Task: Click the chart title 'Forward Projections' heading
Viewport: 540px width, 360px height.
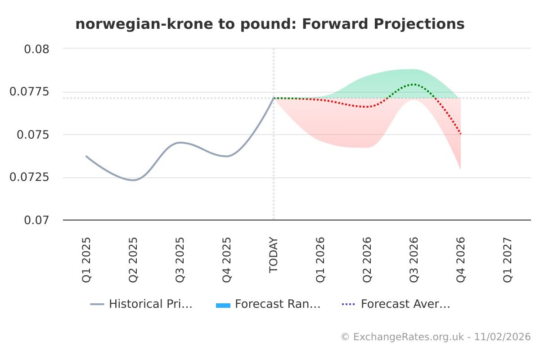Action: tap(270, 24)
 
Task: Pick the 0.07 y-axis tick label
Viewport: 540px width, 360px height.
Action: tap(36, 220)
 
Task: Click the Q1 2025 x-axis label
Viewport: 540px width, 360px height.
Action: tap(86, 260)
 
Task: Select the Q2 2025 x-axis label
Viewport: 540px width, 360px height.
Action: tap(133, 260)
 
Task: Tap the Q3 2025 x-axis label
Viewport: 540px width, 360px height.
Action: tap(180, 260)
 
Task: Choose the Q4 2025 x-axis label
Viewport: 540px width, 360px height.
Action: tap(227, 260)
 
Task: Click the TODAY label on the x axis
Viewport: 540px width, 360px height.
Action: tap(274, 255)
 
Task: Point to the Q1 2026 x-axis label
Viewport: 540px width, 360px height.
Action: tap(320, 260)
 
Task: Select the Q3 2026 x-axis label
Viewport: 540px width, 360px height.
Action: tap(414, 260)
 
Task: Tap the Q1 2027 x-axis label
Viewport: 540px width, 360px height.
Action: tap(508, 260)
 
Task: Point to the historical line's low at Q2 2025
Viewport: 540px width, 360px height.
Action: tap(133, 180)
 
